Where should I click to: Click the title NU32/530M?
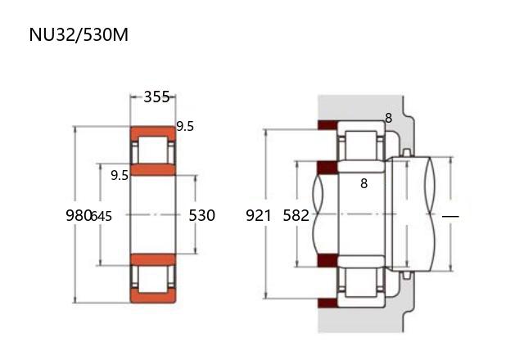(x=79, y=34)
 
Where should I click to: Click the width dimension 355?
(x=156, y=97)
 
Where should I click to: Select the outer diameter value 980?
(x=79, y=215)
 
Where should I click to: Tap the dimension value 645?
(x=102, y=216)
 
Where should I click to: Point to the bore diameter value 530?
(x=202, y=215)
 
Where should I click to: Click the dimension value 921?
(x=259, y=215)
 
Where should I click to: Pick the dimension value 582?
(x=296, y=215)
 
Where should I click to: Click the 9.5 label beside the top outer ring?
(x=185, y=127)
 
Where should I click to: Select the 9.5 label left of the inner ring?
(x=120, y=175)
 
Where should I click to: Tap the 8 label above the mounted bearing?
(x=388, y=118)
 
